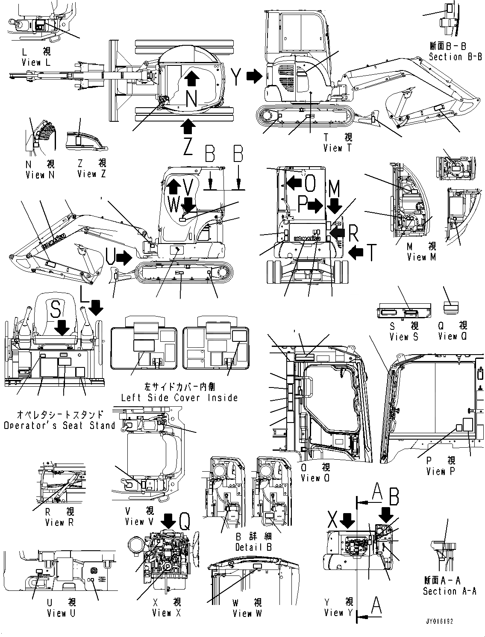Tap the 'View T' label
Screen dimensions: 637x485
(x=333, y=148)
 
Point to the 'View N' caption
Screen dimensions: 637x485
(x=41, y=175)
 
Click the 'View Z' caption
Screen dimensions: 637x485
(x=91, y=174)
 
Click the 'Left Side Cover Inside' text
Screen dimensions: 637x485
(x=179, y=398)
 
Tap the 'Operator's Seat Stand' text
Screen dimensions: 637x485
(x=59, y=425)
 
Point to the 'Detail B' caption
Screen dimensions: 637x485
(x=254, y=547)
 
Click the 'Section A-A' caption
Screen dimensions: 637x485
(x=450, y=591)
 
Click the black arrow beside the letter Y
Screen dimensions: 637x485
(x=255, y=76)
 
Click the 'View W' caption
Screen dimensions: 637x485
(x=247, y=613)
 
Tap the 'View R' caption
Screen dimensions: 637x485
(x=59, y=522)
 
